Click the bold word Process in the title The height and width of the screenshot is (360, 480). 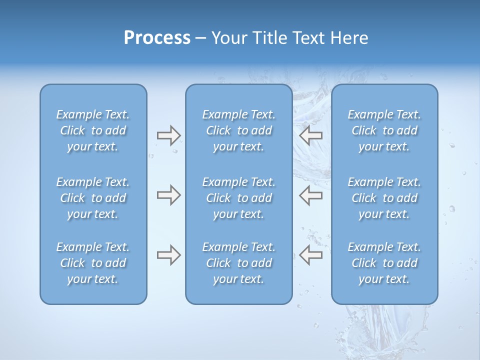[157, 38]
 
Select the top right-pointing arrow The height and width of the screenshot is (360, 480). [168, 135]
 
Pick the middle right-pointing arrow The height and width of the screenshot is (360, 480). [168, 195]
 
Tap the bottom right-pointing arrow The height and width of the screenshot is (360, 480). [168, 255]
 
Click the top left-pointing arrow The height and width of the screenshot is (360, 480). [310, 135]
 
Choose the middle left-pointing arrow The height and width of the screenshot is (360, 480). [310, 195]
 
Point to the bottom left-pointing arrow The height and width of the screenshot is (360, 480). [310, 255]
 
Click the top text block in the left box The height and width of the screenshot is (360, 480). [93, 130]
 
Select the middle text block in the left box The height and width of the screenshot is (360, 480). [93, 198]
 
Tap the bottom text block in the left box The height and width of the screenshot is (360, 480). [93, 263]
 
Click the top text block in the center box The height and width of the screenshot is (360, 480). [239, 130]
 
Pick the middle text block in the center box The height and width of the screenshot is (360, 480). [239, 198]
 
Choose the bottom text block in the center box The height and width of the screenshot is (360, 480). [239, 263]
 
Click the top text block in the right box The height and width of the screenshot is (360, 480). [384, 130]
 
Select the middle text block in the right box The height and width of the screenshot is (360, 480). [384, 198]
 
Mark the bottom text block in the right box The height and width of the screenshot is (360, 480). [384, 263]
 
